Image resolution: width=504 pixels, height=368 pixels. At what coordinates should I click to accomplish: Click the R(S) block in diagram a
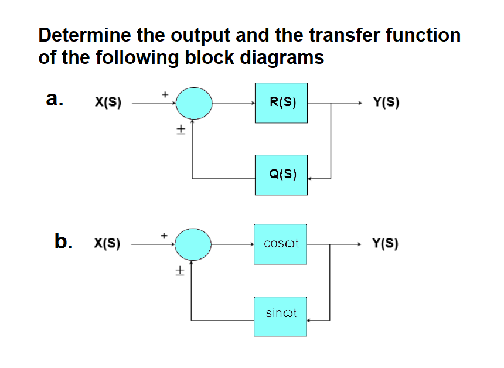coord(281,103)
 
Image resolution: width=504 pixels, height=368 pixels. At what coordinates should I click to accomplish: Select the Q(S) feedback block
coord(281,175)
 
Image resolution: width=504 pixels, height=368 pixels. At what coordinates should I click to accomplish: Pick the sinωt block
coord(280,316)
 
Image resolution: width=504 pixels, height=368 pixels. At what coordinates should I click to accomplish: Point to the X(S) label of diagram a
coord(108,103)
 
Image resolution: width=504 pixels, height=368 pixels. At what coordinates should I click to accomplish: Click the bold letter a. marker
coord(55,99)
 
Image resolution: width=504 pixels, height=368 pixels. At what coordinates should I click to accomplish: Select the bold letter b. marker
coord(65,240)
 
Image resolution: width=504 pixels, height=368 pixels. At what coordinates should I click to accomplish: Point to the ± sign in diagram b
coord(180,271)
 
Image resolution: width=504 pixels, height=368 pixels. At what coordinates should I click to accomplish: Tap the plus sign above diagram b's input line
coord(165,234)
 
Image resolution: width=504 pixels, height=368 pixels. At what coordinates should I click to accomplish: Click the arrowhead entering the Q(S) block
coord(311,178)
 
